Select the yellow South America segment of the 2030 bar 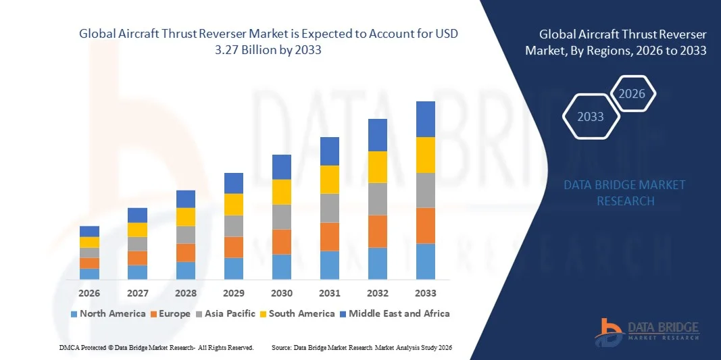click(281, 192)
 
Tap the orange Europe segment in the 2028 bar click(185, 253)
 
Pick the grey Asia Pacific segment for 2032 click(377, 199)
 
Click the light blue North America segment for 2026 click(89, 274)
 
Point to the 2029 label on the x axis click(233, 293)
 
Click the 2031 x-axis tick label click(329, 293)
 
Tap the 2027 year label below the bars click(137, 293)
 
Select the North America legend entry click(108, 313)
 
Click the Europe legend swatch click(154, 314)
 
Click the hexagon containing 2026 click(632, 94)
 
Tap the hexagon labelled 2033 click(591, 116)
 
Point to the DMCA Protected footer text click(156, 347)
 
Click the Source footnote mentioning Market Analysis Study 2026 click(362, 347)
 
